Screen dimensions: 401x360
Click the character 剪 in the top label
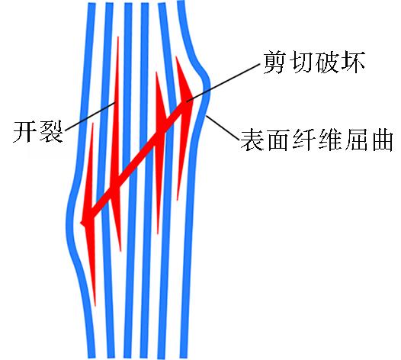click(274, 62)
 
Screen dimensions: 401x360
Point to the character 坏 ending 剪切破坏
click(352, 62)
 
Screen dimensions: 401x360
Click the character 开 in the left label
click(24, 131)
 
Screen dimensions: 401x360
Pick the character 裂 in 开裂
click(51, 131)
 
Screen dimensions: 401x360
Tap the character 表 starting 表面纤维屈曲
click(252, 140)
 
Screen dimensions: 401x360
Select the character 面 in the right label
click(277, 140)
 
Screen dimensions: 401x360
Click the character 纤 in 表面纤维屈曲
click(303, 140)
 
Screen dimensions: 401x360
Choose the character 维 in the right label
click(329, 140)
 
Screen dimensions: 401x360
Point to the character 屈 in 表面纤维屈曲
click(355, 140)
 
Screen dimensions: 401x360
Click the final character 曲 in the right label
click(381, 140)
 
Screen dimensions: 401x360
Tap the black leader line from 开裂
click(91, 116)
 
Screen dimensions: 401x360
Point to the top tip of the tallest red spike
click(118, 37)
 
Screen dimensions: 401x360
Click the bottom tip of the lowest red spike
click(95, 306)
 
